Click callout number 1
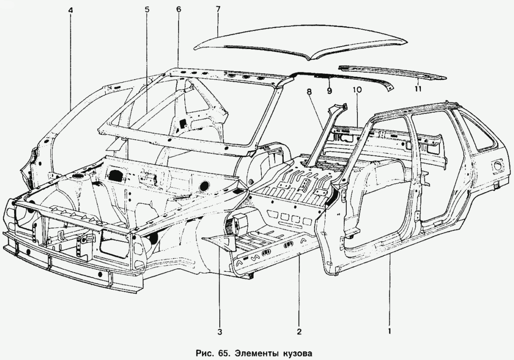pyautogui.click(x=389, y=332)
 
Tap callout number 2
pyautogui.click(x=299, y=332)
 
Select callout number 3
pyautogui.click(x=220, y=332)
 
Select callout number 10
pyautogui.click(x=357, y=90)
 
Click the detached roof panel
pyautogui.click(x=301, y=46)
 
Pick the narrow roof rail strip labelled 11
pyautogui.click(x=393, y=73)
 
